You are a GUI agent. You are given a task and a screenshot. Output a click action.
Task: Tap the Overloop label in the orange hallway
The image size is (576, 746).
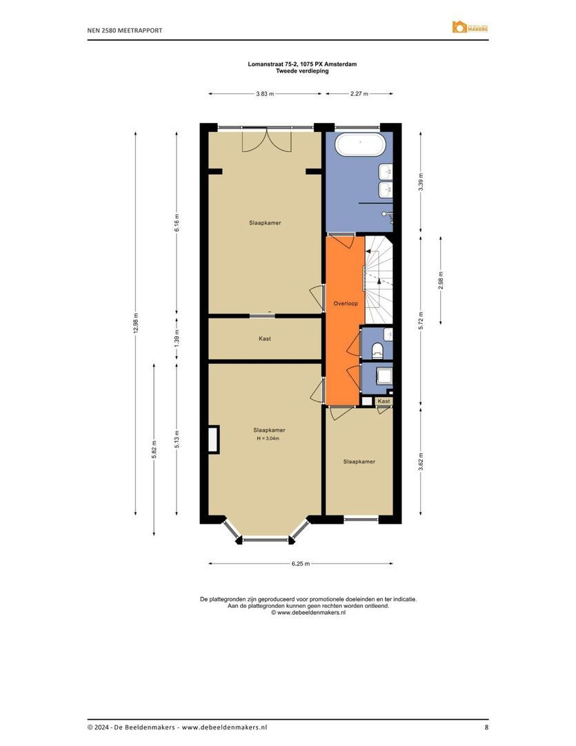click(x=344, y=303)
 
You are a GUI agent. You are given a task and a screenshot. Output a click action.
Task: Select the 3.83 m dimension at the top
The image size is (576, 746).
click(x=264, y=93)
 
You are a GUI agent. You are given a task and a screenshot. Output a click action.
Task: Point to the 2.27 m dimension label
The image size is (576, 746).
click(x=359, y=93)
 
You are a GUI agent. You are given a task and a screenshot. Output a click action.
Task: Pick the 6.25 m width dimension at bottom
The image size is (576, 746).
click(x=300, y=564)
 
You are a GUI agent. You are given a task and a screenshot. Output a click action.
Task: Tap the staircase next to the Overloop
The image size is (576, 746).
click(x=378, y=279)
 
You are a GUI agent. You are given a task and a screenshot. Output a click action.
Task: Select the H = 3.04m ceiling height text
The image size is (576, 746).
click(x=268, y=439)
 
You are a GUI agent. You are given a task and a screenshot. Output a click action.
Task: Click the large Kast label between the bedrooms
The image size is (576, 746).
click(x=265, y=338)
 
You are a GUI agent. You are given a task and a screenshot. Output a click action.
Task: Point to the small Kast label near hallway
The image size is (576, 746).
click(x=384, y=401)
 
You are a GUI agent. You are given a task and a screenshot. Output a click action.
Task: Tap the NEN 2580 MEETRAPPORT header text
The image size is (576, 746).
click(x=125, y=30)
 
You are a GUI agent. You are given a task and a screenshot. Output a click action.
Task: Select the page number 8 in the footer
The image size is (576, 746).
click(x=486, y=727)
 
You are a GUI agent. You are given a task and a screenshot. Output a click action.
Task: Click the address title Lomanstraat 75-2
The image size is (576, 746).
click(x=302, y=64)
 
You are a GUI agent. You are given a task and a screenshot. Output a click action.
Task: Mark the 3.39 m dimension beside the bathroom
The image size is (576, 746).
click(x=421, y=182)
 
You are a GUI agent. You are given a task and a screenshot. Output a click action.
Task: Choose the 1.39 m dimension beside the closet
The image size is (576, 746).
click(x=177, y=338)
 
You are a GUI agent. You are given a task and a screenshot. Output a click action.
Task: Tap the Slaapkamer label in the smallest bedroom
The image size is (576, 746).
click(x=359, y=461)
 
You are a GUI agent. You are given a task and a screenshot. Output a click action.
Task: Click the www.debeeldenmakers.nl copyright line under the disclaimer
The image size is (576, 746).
click(x=308, y=612)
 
